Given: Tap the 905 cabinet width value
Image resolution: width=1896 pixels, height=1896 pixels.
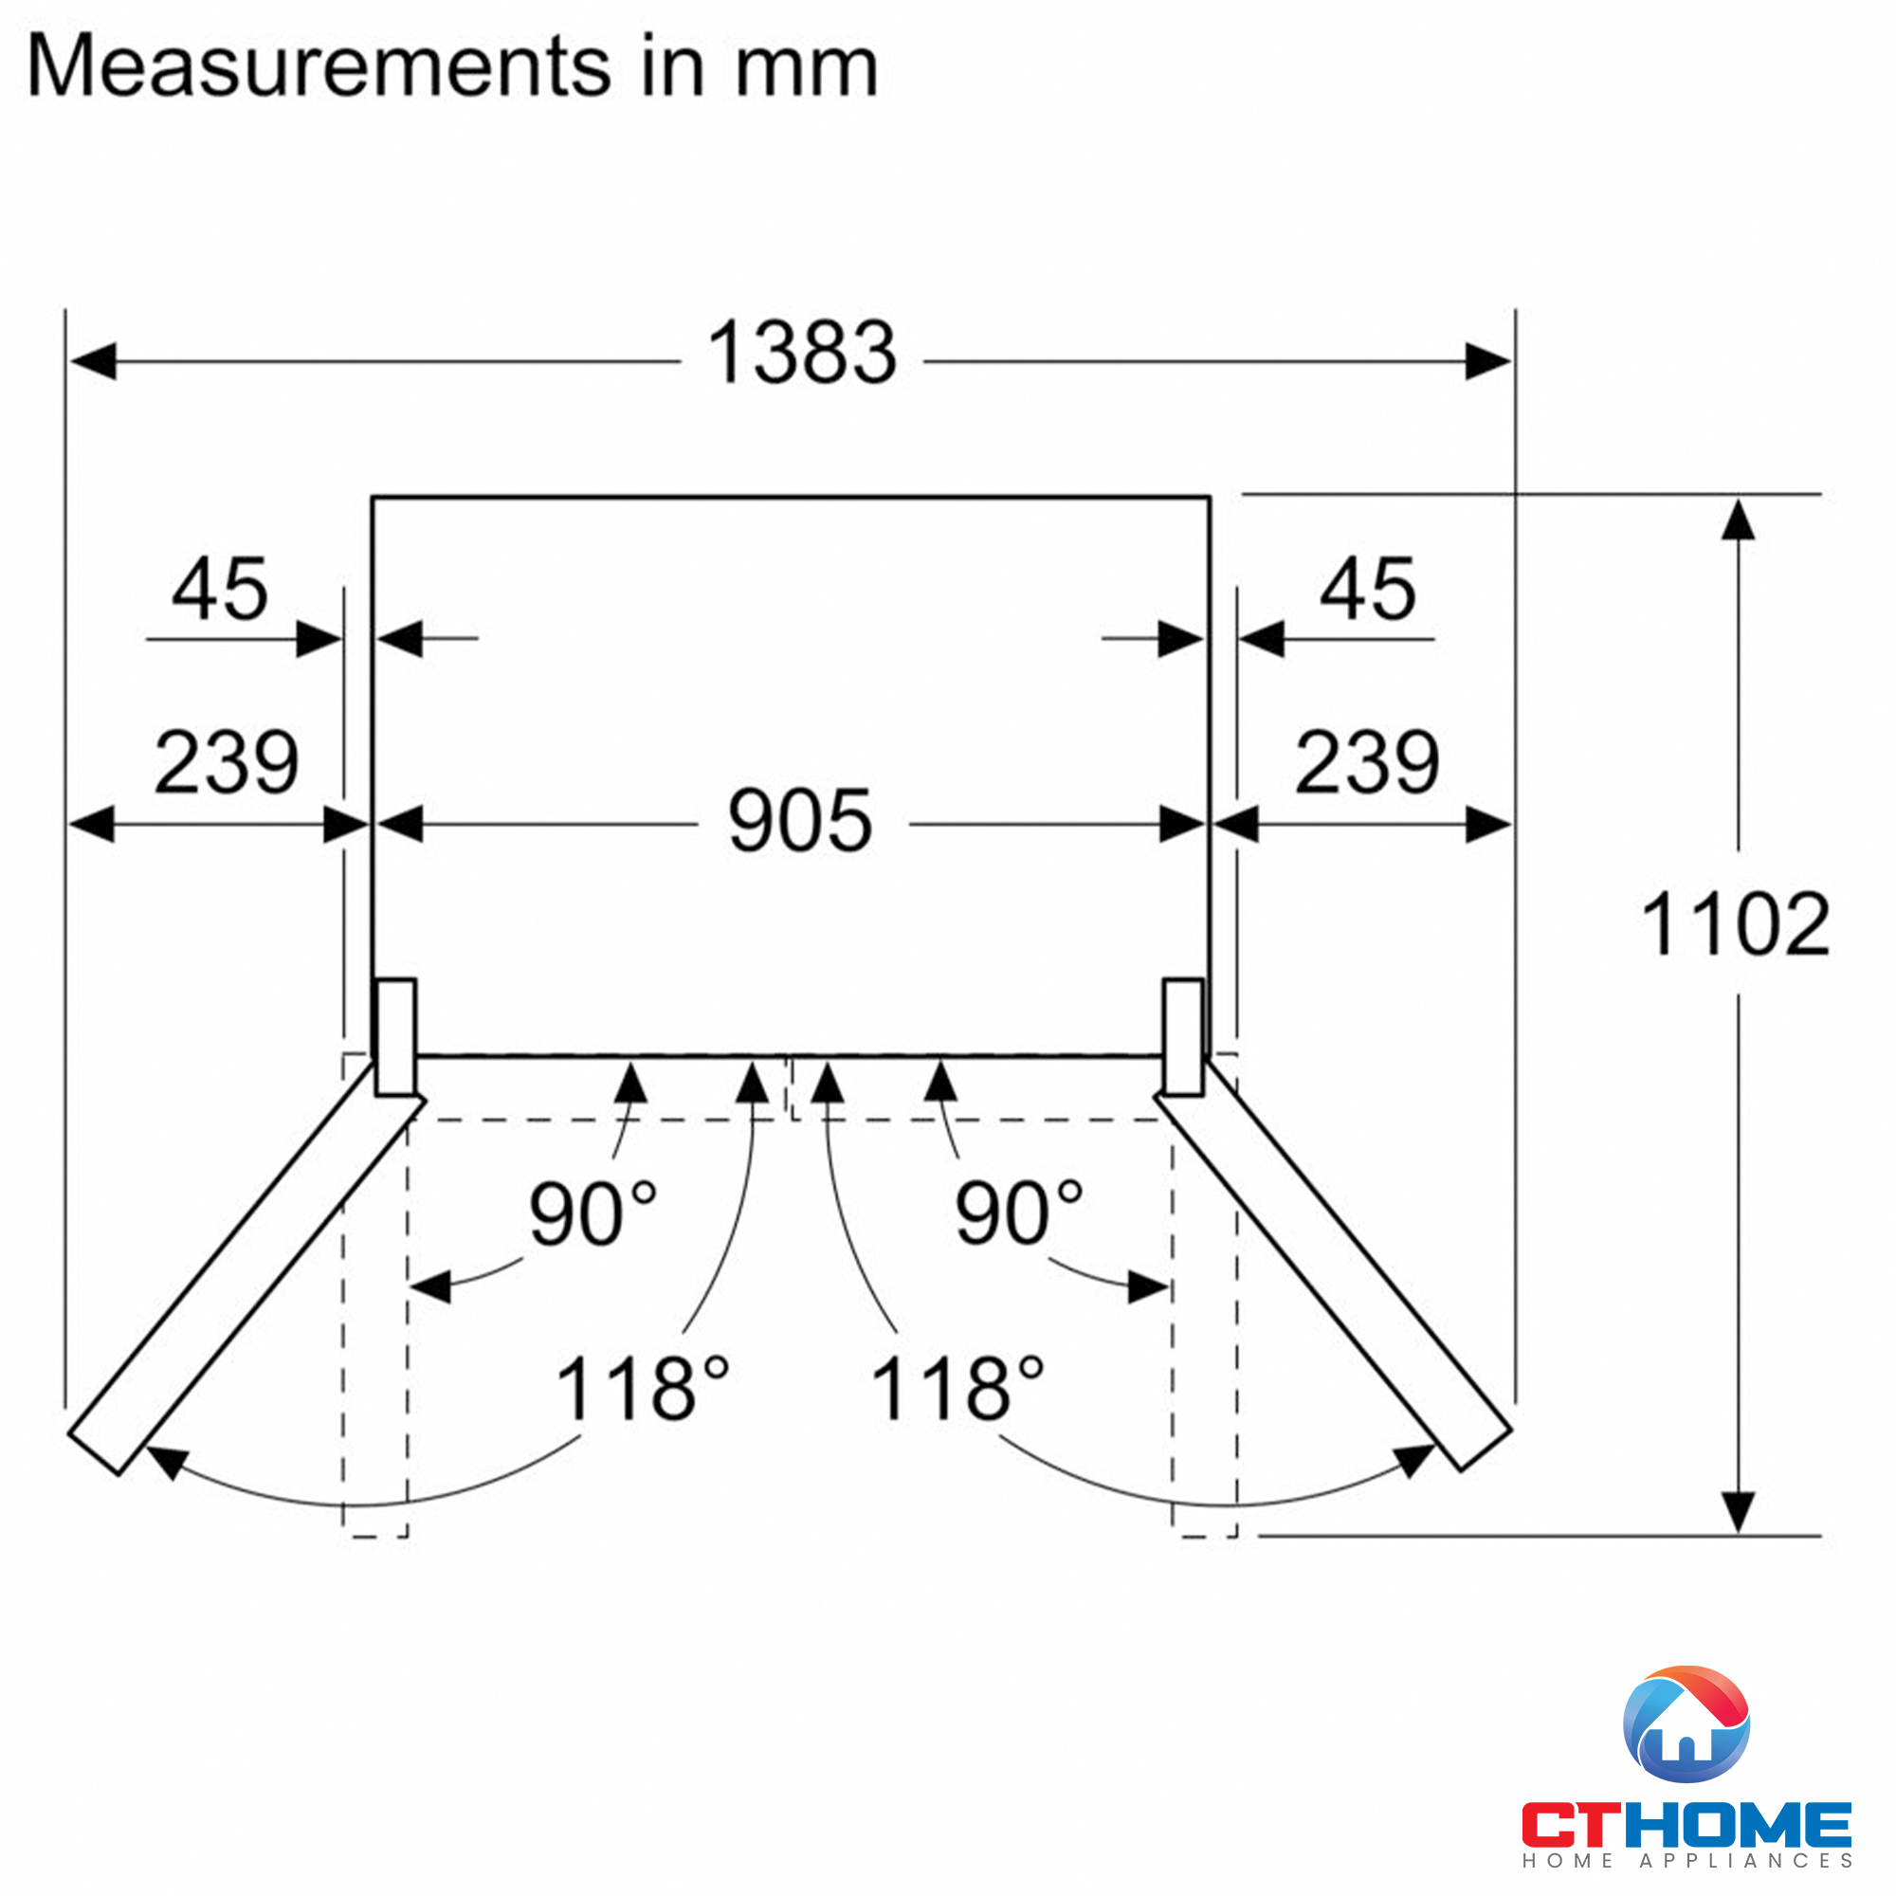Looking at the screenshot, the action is click(800, 820).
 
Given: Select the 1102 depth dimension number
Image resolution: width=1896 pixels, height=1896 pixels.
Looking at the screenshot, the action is click(1735, 924).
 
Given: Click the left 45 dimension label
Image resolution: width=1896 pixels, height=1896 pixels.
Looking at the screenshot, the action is click(220, 589).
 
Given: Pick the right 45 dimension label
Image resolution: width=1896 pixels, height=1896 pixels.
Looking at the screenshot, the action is click(1367, 589).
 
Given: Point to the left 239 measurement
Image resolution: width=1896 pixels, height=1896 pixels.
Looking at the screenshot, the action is click(227, 762).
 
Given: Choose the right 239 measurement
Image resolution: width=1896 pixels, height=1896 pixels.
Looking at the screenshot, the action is click(1367, 762).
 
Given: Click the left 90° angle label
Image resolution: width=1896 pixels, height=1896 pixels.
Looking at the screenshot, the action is click(592, 1213).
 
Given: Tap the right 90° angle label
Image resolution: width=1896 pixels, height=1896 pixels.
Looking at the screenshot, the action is click(1020, 1213).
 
